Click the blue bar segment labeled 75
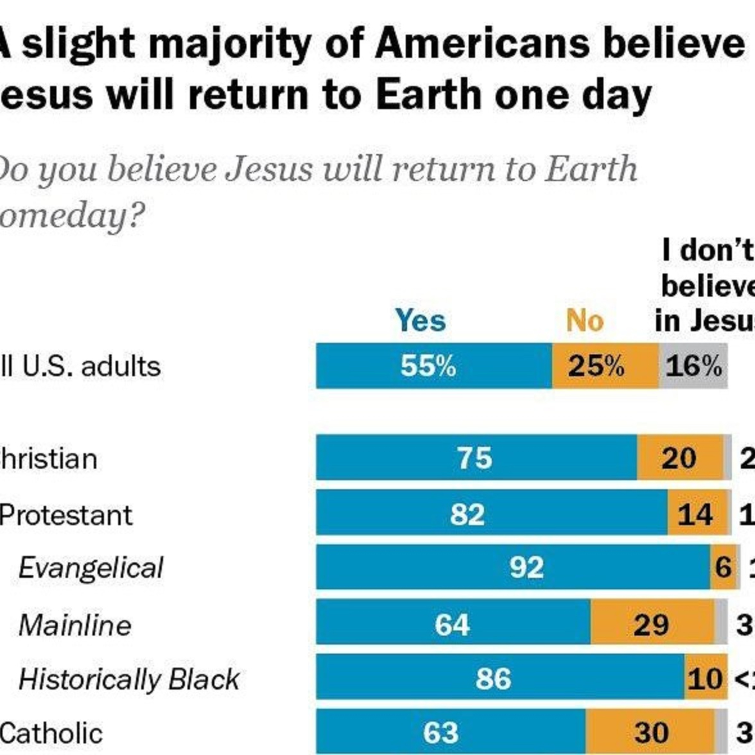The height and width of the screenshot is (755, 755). click(475, 458)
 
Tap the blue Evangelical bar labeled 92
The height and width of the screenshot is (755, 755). click(526, 568)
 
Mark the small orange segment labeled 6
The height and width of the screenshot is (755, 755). click(723, 568)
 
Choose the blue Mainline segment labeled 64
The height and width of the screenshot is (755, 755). click(452, 624)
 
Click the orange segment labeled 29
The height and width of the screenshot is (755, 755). click(651, 624)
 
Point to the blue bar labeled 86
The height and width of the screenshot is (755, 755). click(493, 679)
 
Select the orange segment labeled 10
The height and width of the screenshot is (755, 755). click(705, 679)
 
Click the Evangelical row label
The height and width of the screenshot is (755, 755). click(91, 568)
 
